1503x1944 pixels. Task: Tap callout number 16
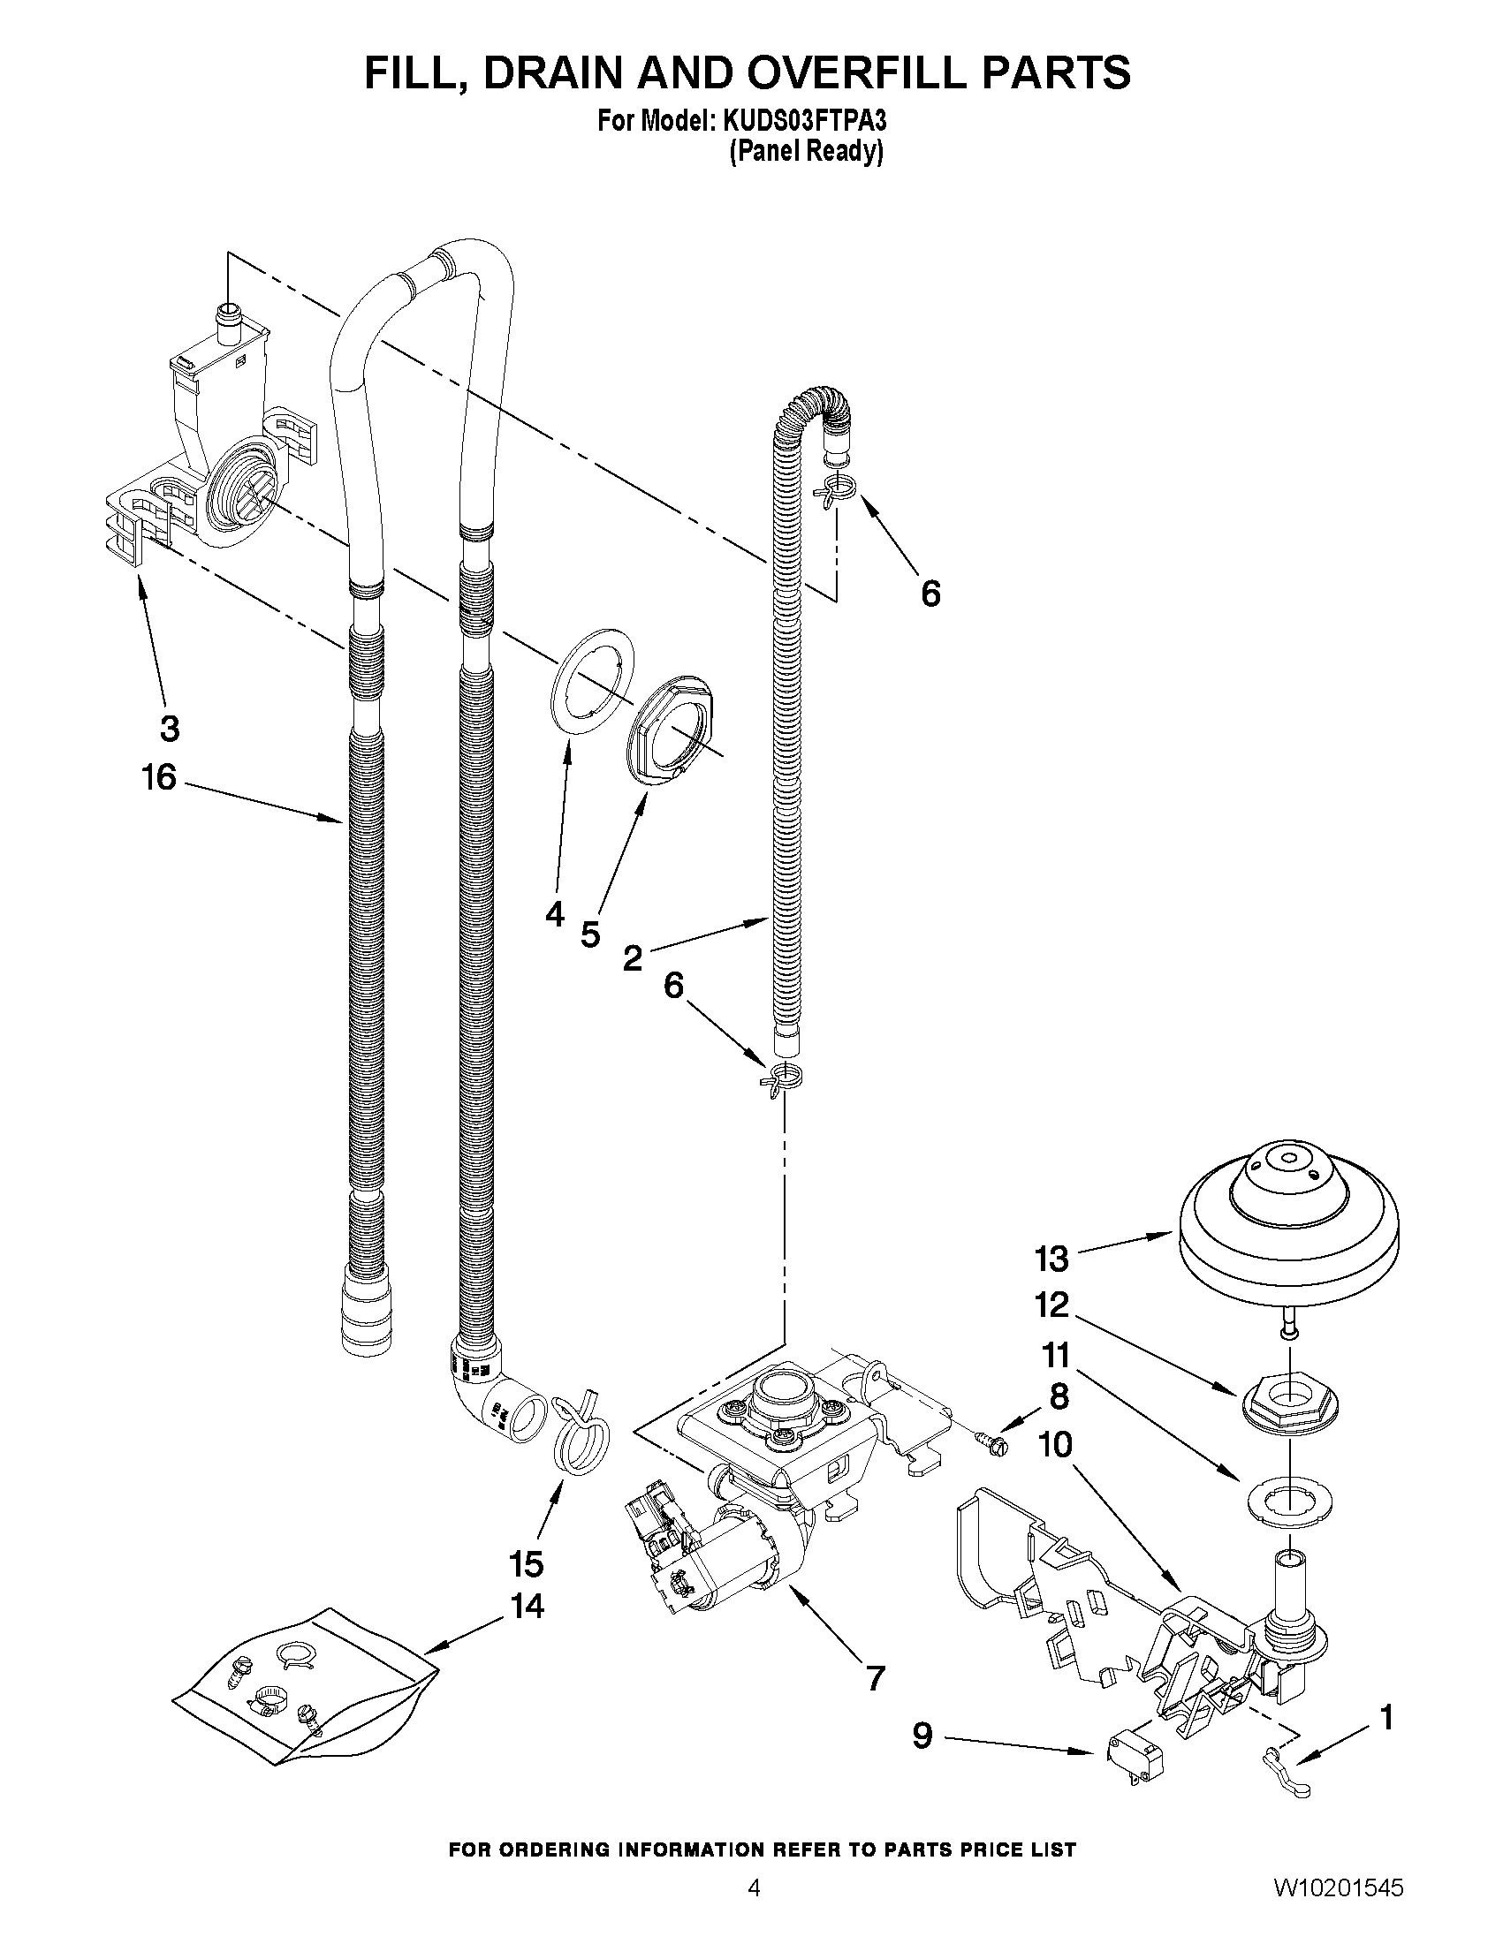tap(159, 778)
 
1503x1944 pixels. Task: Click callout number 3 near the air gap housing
tap(169, 728)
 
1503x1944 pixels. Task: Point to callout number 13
tap(1051, 1259)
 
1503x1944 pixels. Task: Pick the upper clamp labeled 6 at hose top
tap(836, 488)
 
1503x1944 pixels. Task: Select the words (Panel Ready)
tap(806, 152)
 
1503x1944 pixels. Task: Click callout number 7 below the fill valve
tap(876, 1679)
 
